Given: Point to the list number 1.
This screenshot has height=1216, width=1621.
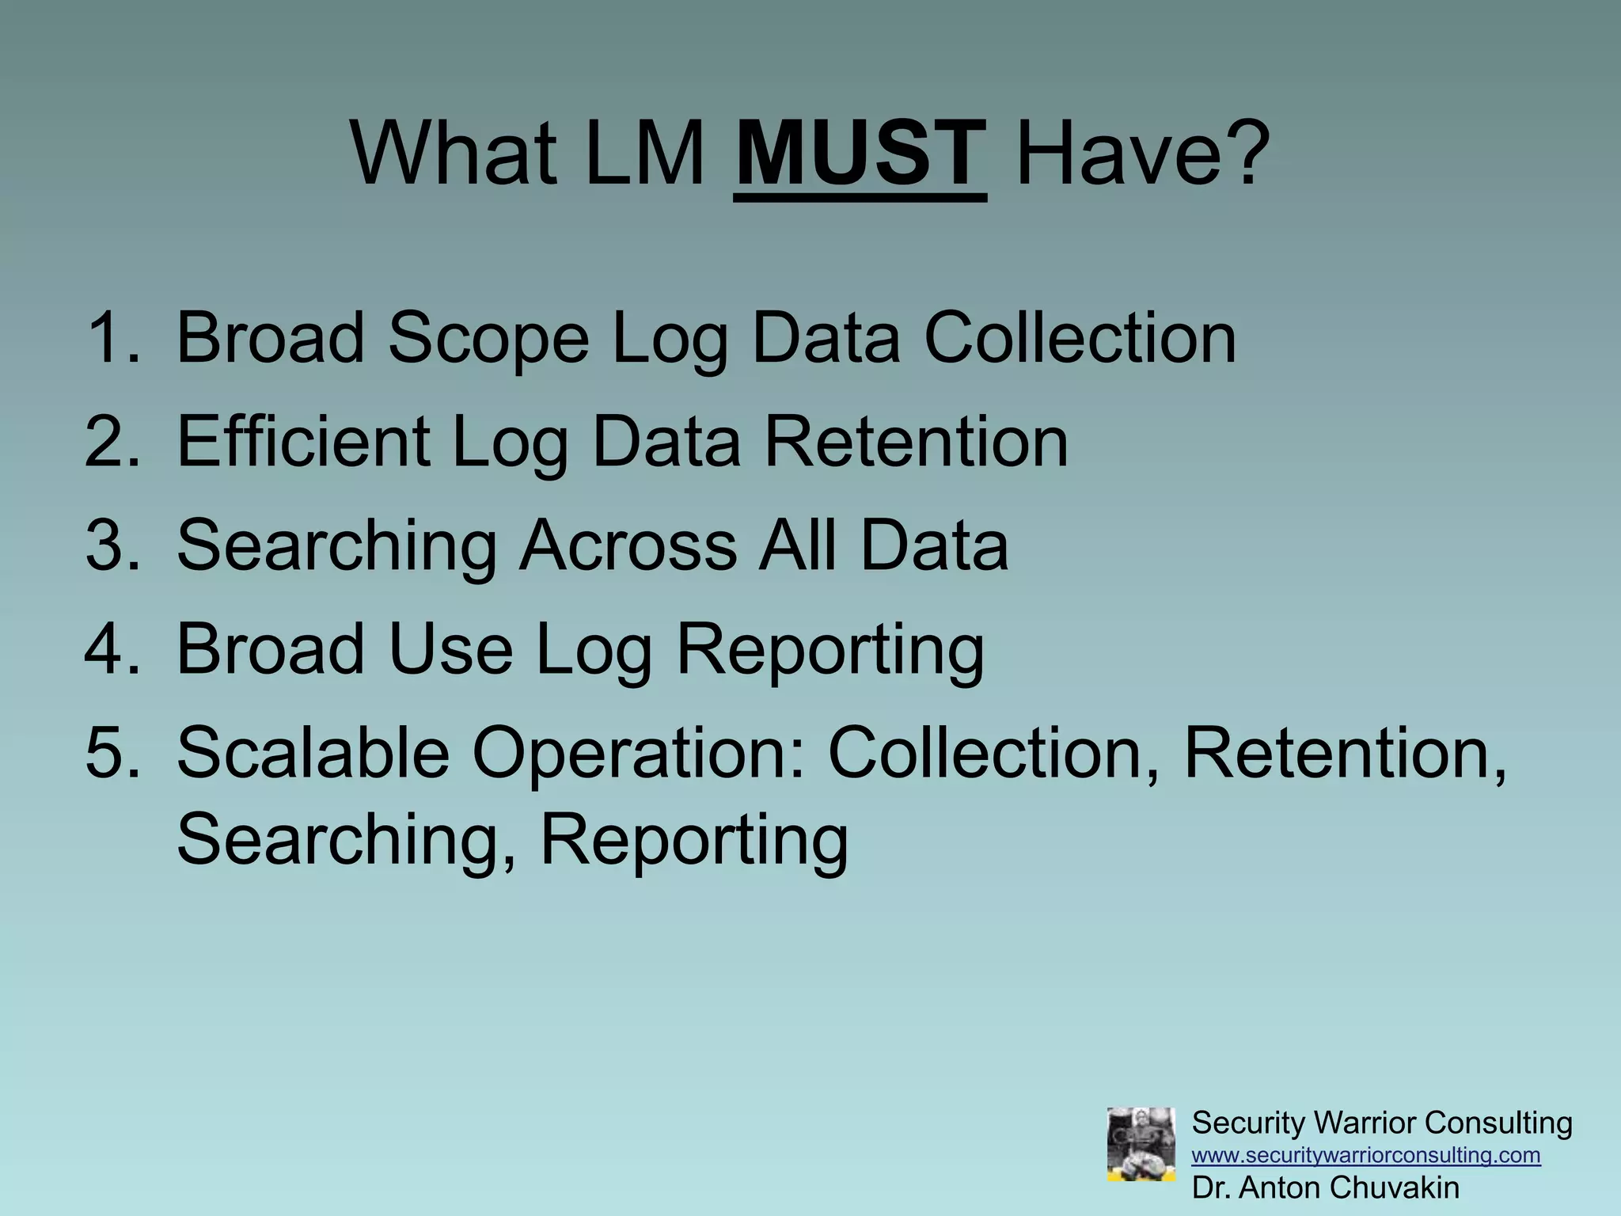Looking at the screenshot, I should pos(111,338).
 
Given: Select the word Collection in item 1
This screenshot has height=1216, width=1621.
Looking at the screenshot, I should pos(1080,338).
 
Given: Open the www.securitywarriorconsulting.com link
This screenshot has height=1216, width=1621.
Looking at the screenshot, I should pos(1366,1155).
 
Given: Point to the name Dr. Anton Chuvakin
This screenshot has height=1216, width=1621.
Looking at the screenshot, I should pos(1326,1187).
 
